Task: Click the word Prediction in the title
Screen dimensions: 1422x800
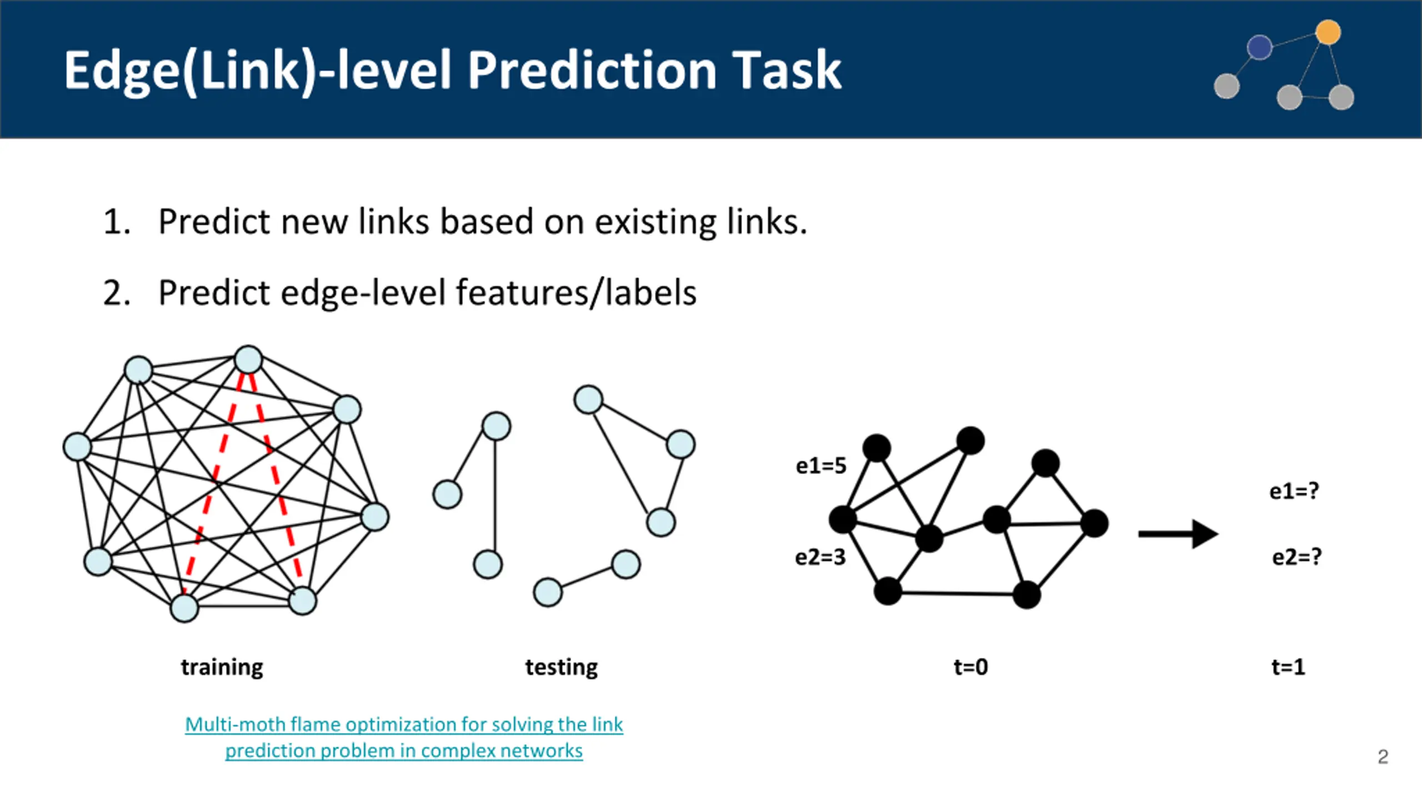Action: [592, 71]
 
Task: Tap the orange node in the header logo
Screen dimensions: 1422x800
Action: [1328, 32]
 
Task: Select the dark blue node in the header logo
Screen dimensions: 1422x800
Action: [1259, 47]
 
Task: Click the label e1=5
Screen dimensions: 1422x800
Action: [821, 466]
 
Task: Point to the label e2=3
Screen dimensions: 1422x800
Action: [820, 557]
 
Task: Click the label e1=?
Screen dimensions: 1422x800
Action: [1294, 491]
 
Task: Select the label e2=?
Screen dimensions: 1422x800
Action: [1296, 557]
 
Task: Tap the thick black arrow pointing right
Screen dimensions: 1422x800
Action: [1178, 534]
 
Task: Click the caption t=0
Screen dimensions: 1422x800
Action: [971, 667]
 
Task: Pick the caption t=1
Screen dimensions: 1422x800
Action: [1288, 667]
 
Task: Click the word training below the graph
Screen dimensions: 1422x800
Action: [222, 667]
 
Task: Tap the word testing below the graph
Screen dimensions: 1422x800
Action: [562, 667]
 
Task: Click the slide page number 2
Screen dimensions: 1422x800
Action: [1383, 757]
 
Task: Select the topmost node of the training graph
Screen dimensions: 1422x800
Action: [248, 359]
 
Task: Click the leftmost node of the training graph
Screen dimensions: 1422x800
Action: [77, 447]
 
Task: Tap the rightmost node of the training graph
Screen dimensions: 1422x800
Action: [375, 517]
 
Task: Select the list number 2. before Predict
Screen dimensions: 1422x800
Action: [117, 293]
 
